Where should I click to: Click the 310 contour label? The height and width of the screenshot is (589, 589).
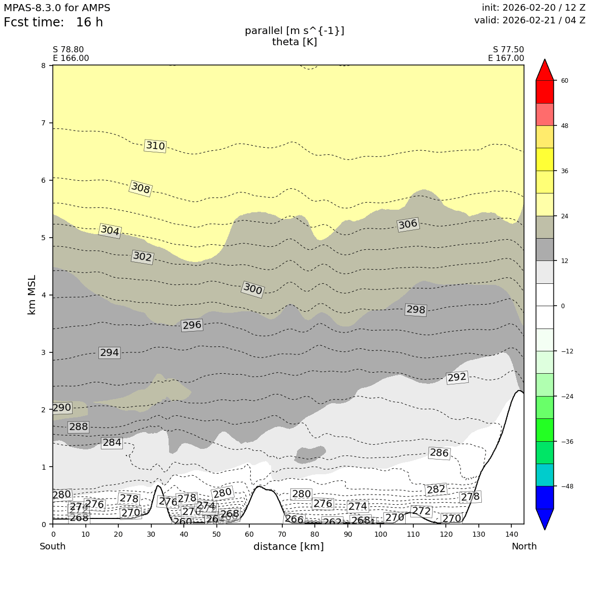point(155,146)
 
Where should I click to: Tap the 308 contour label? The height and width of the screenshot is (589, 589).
point(141,188)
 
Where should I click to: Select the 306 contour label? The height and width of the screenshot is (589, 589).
point(408,224)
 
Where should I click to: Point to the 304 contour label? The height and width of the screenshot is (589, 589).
point(110,231)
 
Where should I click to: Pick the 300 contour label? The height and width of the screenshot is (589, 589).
point(252,289)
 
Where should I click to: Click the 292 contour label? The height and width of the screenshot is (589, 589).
point(456,377)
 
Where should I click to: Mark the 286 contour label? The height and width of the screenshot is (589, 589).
point(439,453)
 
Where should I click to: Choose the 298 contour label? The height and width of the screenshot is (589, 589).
point(415,310)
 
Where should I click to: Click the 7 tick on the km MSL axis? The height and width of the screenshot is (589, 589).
point(43,123)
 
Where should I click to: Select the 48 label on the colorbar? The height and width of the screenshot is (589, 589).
point(565,126)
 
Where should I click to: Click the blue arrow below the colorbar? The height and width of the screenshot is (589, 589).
point(545,519)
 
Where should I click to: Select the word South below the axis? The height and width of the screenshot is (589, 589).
point(53,546)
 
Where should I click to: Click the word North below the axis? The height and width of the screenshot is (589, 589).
point(524,546)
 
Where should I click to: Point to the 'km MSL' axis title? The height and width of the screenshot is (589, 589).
point(32,294)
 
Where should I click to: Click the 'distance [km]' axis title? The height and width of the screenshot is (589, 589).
point(288,546)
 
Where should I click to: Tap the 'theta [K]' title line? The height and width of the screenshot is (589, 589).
point(294,42)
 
